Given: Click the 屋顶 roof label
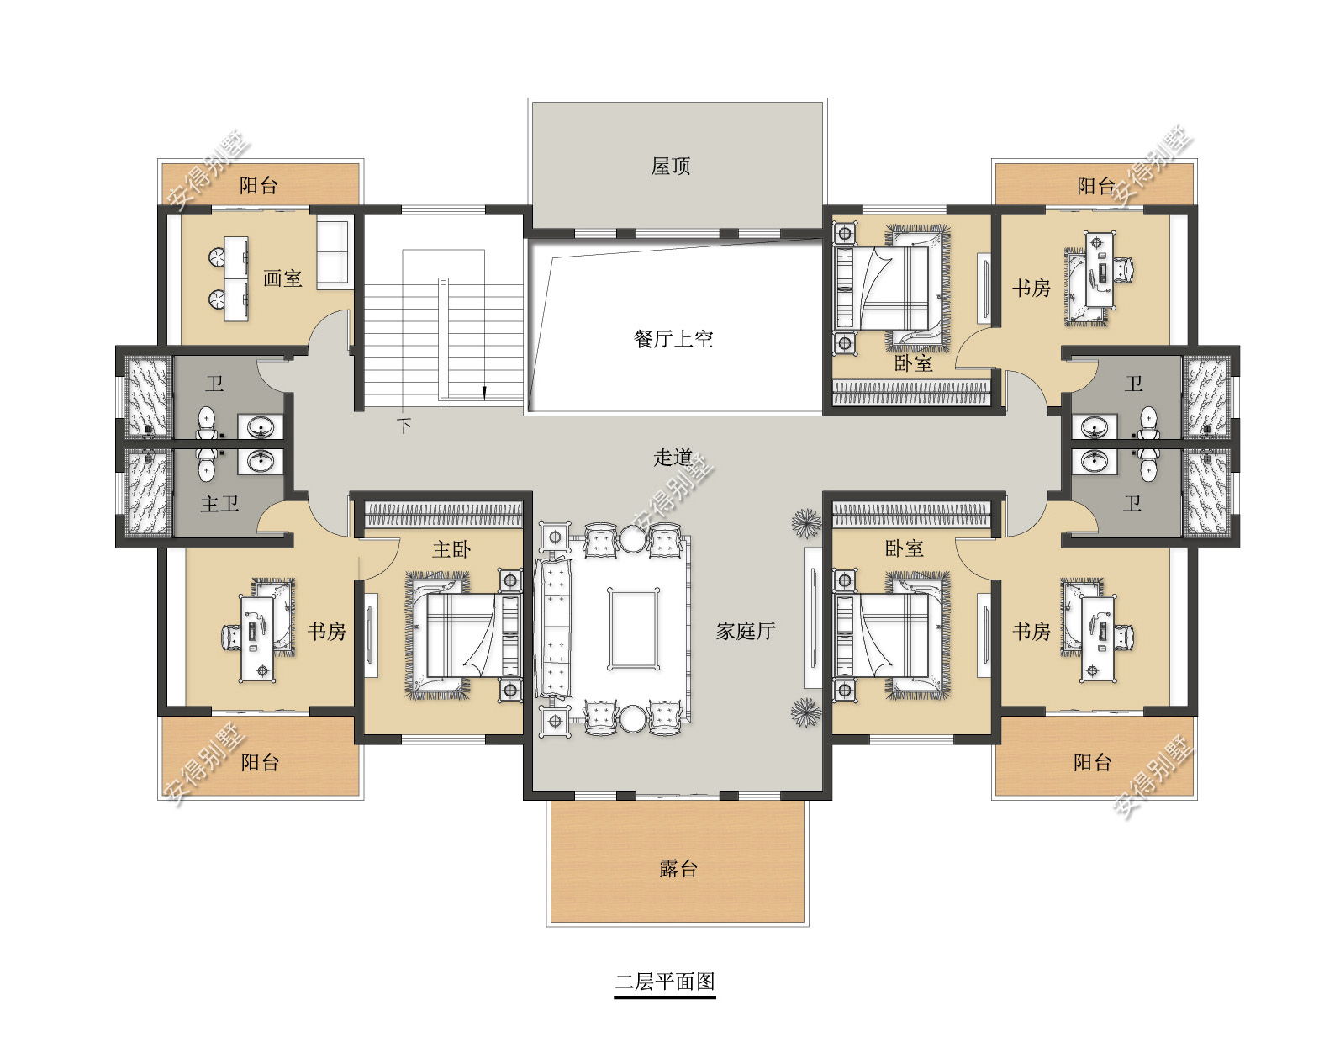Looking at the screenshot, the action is click(x=670, y=166).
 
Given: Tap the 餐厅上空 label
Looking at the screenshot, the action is click(x=673, y=339).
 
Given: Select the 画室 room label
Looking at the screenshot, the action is click(x=282, y=278).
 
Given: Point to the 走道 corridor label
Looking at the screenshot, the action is click(x=673, y=458).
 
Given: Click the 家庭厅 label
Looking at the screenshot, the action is click(x=746, y=631).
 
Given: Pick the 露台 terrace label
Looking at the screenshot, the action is click(x=678, y=868).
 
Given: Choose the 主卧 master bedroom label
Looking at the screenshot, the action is click(x=451, y=549).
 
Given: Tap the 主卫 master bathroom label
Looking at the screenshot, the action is click(x=219, y=504).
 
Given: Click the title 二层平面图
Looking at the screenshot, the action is click(x=665, y=982).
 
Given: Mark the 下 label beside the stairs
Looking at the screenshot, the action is click(x=404, y=426).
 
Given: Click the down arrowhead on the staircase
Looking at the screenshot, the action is click(x=484, y=392).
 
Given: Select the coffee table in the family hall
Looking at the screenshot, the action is click(x=633, y=627).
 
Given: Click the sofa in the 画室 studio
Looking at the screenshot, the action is click(x=333, y=253).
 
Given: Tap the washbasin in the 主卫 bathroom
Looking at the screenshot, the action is click(x=261, y=461).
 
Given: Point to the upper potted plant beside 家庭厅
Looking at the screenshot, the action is click(x=806, y=523).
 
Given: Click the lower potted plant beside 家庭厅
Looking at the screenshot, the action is click(x=806, y=712).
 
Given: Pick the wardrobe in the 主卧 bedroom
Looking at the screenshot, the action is click(x=443, y=514).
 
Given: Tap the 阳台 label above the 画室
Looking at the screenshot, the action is click(x=259, y=185).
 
